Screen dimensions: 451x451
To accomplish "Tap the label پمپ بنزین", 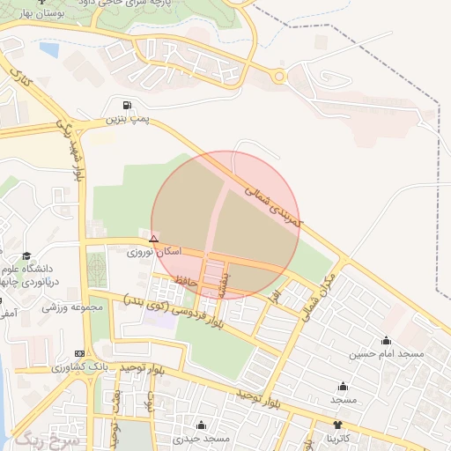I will [x=124, y=118].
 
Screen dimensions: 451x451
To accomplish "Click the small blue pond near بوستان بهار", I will [x=48, y=50].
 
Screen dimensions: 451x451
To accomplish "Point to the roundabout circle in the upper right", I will [x=280, y=77].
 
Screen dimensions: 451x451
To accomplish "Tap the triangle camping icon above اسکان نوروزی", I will [x=154, y=239].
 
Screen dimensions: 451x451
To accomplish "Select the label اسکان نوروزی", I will [x=154, y=252].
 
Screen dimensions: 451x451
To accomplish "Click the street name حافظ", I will [x=185, y=279].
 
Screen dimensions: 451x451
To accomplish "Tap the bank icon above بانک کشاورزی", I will [x=80, y=353].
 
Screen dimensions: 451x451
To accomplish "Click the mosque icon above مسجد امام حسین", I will [x=386, y=340].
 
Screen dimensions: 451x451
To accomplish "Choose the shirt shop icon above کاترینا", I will [x=337, y=425].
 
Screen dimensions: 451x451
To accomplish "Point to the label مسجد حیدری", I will [x=201, y=438].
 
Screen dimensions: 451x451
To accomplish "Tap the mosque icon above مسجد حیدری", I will [x=201, y=425].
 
